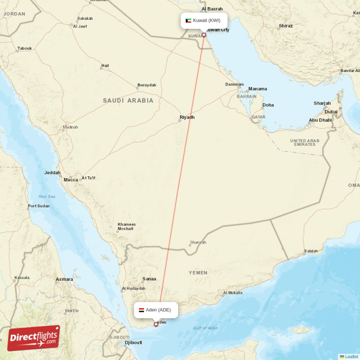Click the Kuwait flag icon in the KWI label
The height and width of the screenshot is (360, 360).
(189, 21)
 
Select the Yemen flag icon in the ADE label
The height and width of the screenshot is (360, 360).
(141, 310)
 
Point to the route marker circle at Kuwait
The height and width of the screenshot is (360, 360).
(204, 35)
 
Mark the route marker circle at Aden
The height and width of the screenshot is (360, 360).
(156, 324)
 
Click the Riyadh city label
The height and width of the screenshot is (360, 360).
(187, 117)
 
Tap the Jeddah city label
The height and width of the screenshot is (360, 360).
(52, 173)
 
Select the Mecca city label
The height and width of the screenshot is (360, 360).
(71, 180)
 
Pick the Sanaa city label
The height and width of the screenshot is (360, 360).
(149, 279)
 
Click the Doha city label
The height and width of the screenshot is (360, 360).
(268, 105)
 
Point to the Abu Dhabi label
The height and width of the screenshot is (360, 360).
(320, 120)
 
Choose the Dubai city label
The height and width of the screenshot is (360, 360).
(331, 112)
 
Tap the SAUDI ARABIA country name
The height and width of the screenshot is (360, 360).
(128, 101)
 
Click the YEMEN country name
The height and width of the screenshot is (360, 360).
(198, 273)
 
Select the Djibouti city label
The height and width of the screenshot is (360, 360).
(133, 343)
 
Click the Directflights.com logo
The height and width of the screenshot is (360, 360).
(34, 338)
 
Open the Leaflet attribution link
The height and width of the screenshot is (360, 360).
(351, 357)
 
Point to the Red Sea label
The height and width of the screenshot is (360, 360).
(47, 197)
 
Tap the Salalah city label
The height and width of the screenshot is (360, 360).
(311, 251)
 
